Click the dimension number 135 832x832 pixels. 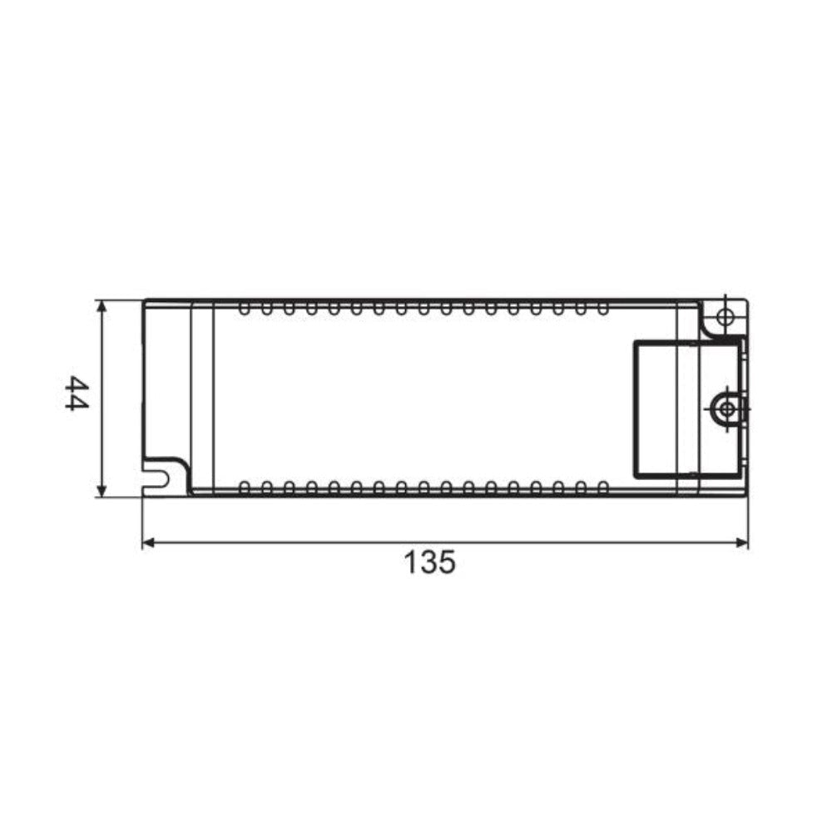(430, 562)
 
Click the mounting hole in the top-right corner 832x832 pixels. (725, 317)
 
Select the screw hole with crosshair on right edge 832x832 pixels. (727, 409)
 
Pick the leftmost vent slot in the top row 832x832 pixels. (244, 310)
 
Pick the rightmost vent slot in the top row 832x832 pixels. (602, 310)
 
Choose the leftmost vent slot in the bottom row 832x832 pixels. (244, 486)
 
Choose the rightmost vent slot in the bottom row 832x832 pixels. (602, 486)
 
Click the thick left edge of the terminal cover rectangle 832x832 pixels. (635, 409)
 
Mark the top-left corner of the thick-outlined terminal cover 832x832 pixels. (635, 339)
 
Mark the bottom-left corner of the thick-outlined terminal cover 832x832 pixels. (635, 478)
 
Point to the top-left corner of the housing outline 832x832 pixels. (143, 300)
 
